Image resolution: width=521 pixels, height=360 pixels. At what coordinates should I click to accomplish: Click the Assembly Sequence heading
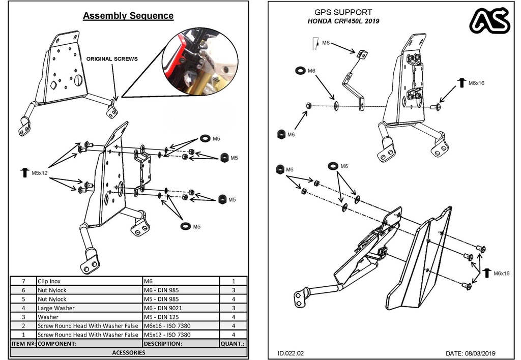pos(128,16)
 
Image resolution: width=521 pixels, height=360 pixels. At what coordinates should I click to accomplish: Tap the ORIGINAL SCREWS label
pos(111,59)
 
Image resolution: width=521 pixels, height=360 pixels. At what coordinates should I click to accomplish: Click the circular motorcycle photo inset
pos(200,62)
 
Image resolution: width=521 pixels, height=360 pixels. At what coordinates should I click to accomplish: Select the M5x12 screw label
pos(39,173)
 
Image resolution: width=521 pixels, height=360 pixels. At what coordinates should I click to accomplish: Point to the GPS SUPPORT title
pos(343,12)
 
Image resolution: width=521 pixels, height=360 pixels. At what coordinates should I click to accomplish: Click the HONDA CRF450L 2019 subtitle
pos(343,21)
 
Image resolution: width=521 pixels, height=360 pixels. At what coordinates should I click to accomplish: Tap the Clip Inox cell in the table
pos(89,281)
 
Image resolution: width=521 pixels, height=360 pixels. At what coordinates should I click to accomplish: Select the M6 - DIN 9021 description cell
pos(181,308)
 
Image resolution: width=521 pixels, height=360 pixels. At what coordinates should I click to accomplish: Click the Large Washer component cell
pos(89,308)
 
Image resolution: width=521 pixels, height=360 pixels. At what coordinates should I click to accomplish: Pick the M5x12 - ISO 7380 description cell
pos(181,335)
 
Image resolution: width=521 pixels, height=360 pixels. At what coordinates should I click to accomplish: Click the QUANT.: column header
pos(233,344)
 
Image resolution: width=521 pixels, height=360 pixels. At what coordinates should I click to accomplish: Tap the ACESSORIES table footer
pos(128,352)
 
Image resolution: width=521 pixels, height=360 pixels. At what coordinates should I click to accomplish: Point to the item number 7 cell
pos(23,281)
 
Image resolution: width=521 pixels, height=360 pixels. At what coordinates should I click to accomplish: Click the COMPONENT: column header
pos(89,344)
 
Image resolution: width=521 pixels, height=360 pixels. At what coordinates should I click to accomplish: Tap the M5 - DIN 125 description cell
pos(181,317)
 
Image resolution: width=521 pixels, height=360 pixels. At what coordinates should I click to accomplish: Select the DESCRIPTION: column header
pos(181,344)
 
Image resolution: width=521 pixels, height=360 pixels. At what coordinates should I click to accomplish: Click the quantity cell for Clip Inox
pos(233,281)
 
